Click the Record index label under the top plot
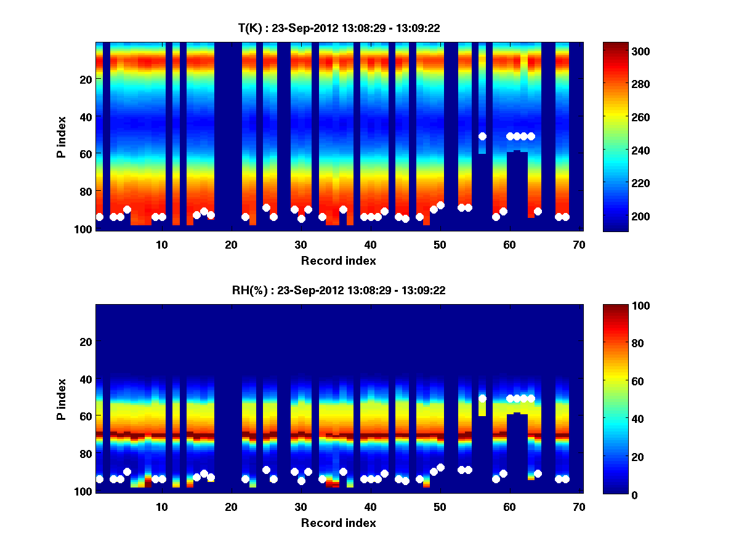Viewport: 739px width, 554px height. (338, 261)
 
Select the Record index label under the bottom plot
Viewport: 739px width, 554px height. (338, 523)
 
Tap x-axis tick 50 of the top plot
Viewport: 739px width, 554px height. (440, 244)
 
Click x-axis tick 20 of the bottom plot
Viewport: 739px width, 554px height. (231, 507)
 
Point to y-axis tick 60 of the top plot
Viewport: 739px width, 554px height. (85, 153)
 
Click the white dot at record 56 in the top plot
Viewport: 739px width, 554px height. (482, 136)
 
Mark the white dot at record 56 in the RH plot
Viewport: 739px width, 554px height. (482, 398)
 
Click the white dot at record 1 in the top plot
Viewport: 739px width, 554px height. (99, 217)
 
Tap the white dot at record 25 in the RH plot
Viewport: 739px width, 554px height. (266, 470)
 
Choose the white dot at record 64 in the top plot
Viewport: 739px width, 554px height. (538, 211)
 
